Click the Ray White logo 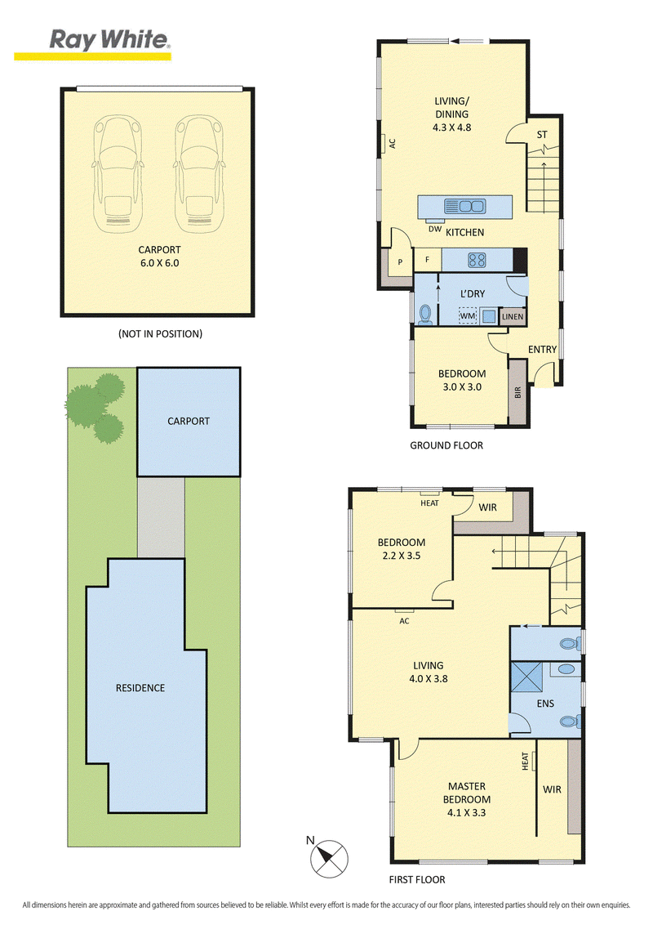pos(92,44)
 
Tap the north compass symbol pos(330,858)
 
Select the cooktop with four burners pos(476,260)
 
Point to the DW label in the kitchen pos(435,229)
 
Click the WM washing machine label pos(468,316)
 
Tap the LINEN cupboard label pos(512,317)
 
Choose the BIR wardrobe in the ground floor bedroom pos(517,391)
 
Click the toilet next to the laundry pos(424,315)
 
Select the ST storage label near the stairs pos(542,135)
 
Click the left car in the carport pos(118,173)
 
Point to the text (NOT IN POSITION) pos(160,334)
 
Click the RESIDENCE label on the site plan pos(140,688)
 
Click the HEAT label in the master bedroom pos(525,761)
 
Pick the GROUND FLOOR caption pos(446,445)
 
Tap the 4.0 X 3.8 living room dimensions pos(429,678)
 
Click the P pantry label pos(400,262)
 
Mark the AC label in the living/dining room pos(393,143)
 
